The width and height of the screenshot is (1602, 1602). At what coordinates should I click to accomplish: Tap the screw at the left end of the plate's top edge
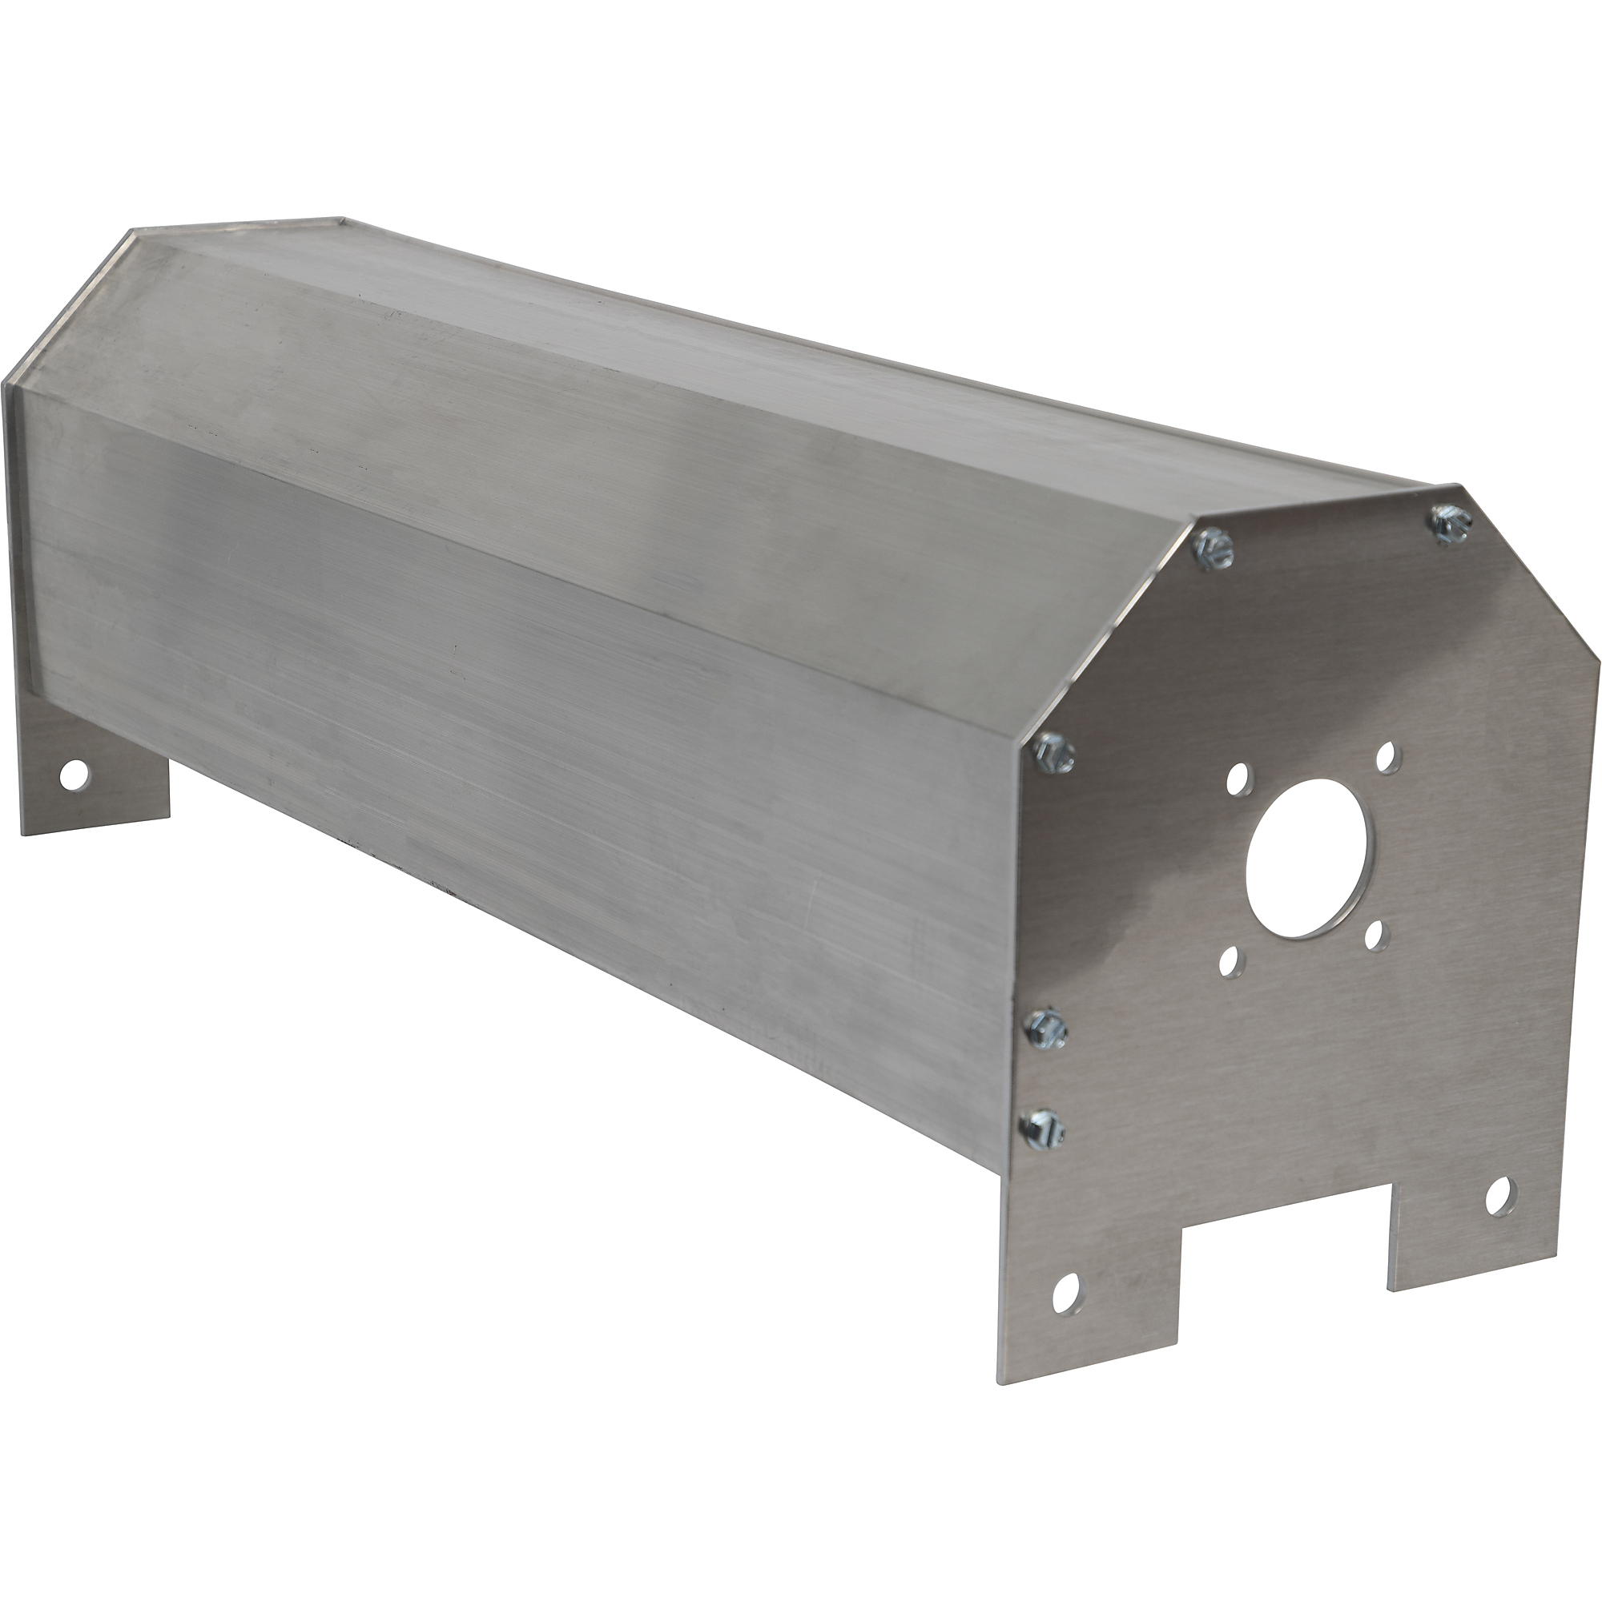coord(1212,549)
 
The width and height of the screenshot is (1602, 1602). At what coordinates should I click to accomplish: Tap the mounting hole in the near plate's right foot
coord(1498,1197)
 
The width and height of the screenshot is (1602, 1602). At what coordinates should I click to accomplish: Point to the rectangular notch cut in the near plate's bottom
coord(1290,1269)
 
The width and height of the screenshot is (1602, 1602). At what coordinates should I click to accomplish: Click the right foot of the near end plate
coord(1484,1227)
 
